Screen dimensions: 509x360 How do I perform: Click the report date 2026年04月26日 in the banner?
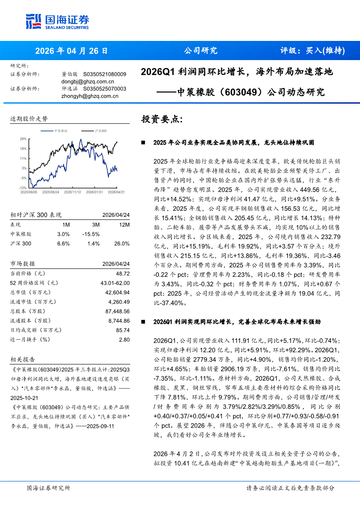(71, 51)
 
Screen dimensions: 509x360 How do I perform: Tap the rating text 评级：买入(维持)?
(312, 51)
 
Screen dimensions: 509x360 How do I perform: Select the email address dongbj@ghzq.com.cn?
(88, 81)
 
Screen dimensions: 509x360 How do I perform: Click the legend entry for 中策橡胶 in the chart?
(60, 131)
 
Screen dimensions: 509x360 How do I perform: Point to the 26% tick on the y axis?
(23, 139)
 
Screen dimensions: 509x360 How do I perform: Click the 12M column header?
(124, 225)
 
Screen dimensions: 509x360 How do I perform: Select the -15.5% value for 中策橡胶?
(91, 234)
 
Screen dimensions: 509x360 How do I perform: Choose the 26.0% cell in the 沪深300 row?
(122, 243)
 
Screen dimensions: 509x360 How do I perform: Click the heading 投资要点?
(162, 119)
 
